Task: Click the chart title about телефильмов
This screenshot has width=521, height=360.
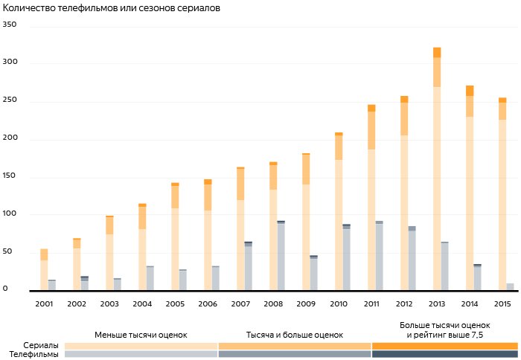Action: point(112,8)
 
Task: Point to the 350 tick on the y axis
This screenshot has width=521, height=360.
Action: point(10,25)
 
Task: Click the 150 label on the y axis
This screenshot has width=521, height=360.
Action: point(10,178)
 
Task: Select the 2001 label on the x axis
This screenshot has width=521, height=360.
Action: point(44,303)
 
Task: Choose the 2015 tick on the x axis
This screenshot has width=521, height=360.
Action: point(502,303)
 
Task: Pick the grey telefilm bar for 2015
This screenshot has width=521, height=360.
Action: point(510,286)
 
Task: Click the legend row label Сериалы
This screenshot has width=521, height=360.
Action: point(41,345)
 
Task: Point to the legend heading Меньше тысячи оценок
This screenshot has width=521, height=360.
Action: point(141,335)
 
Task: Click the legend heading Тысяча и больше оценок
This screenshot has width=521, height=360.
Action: point(294,335)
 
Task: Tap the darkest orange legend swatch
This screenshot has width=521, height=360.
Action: point(444,345)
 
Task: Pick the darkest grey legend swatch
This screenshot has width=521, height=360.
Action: point(444,354)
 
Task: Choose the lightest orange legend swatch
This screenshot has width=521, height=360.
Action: point(141,345)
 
